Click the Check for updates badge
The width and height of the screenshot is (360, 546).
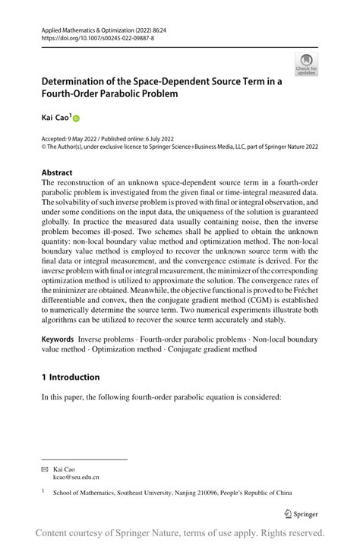[306, 64]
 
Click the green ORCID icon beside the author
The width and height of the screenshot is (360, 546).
[76, 118]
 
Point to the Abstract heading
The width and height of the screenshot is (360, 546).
[57, 172]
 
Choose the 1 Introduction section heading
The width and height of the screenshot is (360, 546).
[70, 377]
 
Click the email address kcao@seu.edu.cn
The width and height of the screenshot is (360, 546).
[75, 477]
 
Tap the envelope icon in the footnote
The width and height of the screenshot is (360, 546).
[44, 469]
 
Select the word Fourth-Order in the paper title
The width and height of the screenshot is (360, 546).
[74, 93]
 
